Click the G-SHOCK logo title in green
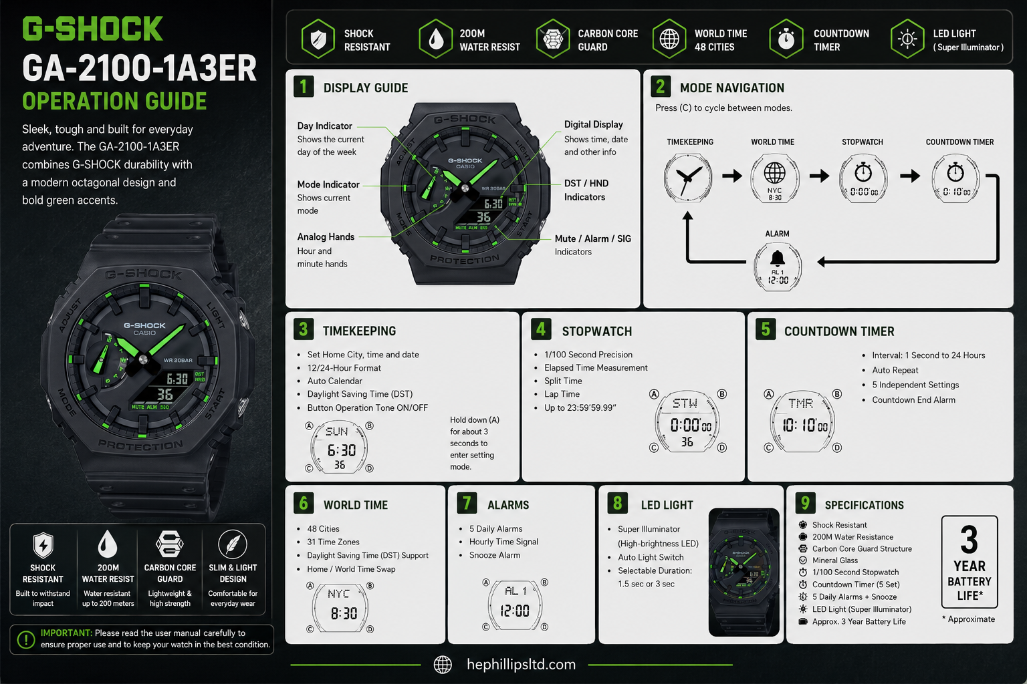pyautogui.click(x=93, y=29)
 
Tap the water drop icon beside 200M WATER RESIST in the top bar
pyautogui.click(x=435, y=39)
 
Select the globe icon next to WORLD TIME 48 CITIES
pyautogui.click(x=669, y=39)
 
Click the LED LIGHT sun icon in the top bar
pyautogui.click(x=907, y=39)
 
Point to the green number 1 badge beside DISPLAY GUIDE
pyautogui.click(x=304, y=86)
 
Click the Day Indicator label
pyautogui.click(x=324, y=126)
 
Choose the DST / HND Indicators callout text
pyautogui.click(x=586, y=190)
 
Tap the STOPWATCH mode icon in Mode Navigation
pyautogui.click(x=863, y=178)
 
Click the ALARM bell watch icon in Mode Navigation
pyautogui.click(x=778, y=267)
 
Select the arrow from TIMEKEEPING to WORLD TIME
pyautogui.click(x=732, y=176)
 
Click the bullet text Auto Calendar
pyautogui.click(x=335, y=381)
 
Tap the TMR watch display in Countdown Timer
pyautogui.click(x=803, y=421)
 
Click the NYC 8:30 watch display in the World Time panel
pyautogui.click(x=340, y=608)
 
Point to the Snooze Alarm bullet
pyautogui.click(x=495, y=555)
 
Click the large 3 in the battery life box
pyautogui.click(x=969, y=540)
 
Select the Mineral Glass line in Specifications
pyautogui.click(x=835, y=560)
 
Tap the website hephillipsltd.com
pyautogui.click(x=522, y=665)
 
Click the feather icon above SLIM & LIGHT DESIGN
pyautogui.click(x=233, y=544)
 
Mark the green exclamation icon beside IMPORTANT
pyautogui.click(x=26, y=639)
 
